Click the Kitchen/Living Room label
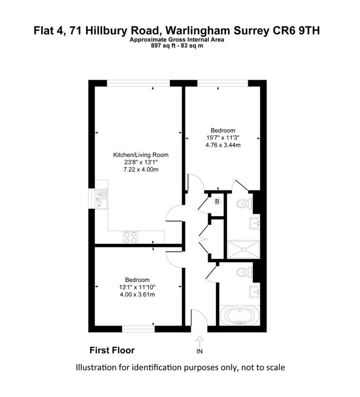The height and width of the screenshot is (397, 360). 140,155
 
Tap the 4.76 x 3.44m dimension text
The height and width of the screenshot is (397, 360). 223,145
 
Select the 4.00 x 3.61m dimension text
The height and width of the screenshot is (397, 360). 137,295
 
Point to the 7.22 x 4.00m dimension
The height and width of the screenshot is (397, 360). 141,170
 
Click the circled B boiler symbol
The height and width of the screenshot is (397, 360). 217,202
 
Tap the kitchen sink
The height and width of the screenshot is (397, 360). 102,199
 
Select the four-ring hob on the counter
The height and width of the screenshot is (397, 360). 131,237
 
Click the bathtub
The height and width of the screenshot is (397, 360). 239,315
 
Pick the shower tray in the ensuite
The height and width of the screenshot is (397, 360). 244,249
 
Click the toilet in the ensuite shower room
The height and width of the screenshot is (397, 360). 244,203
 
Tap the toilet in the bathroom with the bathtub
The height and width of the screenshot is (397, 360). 244,272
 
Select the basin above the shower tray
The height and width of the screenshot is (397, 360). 255,223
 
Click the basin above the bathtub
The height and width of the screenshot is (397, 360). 255,292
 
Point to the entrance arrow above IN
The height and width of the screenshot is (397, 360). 199,342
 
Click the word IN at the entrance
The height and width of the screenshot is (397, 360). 199,351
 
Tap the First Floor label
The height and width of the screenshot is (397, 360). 112,350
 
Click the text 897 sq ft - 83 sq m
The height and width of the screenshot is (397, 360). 177,46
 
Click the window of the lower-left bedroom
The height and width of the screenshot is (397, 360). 138,329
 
